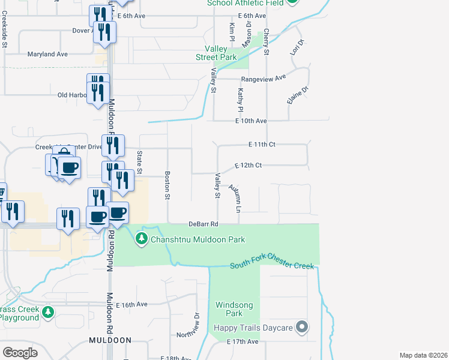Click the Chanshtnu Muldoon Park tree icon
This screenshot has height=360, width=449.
(x=142, y=239)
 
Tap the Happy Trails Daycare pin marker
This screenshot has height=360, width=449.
(x=303, y=327)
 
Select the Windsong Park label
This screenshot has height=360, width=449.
(x=234, y=309)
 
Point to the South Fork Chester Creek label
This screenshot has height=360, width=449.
(x=273, y=266)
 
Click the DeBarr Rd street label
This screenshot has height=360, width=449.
(x=202, y=224)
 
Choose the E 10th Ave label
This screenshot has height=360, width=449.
(x=251, y=121)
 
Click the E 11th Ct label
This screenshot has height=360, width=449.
(x=262, y=145)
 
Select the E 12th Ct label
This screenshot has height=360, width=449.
(x=249, y=165)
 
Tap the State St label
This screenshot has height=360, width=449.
(x=139, y=163)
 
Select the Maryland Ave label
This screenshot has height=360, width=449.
(x=47, y=54)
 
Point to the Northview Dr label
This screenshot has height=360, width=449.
(x=196, y=324)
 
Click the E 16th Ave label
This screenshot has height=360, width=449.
(x=132, y=304)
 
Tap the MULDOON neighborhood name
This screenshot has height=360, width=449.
(x=110, y=340)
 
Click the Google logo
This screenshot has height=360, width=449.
(x=20, y=353)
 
